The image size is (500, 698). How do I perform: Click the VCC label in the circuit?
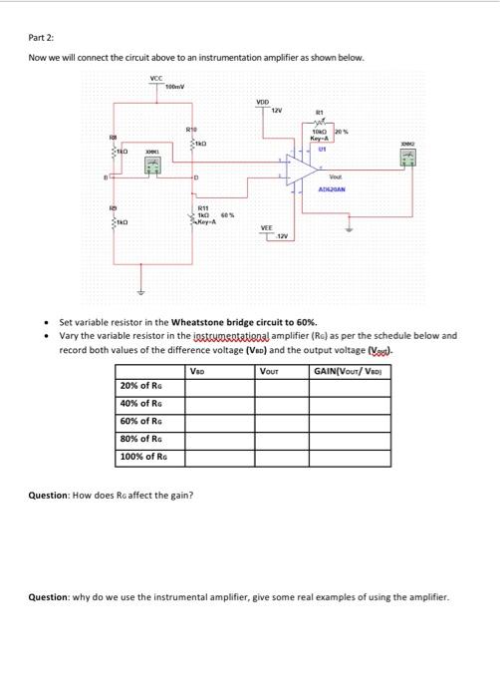click(x=154, y=77)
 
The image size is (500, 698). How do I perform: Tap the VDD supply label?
click(x=262, y=102)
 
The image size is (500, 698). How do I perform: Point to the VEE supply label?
click(x=266, y=226)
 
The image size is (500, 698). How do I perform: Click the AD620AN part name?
click(x=331, y=188)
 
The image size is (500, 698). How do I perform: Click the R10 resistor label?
click(x=190, y=131)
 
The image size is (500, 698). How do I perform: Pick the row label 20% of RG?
click(x=141, y=386)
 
